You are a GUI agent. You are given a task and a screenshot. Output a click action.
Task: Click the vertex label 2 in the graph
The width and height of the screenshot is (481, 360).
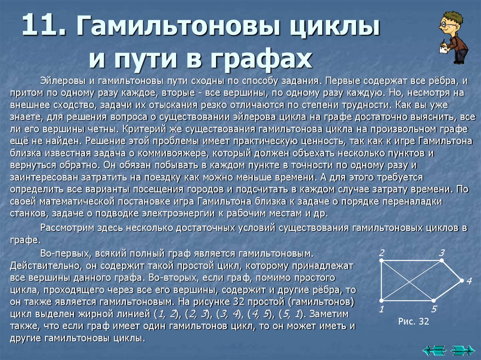[x=382, y=252]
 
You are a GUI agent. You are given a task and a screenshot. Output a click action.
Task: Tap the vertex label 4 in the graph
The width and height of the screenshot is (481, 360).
[x=468, y=282]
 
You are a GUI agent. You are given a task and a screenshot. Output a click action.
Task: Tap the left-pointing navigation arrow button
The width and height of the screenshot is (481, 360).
[x=434, y=350]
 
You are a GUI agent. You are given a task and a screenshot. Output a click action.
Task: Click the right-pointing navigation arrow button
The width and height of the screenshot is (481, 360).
[x=462, y=350]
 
